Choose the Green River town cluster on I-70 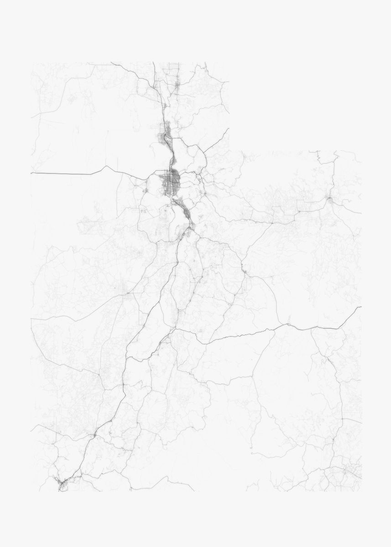(x=288, y=325)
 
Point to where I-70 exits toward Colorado (x=361, y=307)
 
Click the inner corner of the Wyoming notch (x=229, y=151)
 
